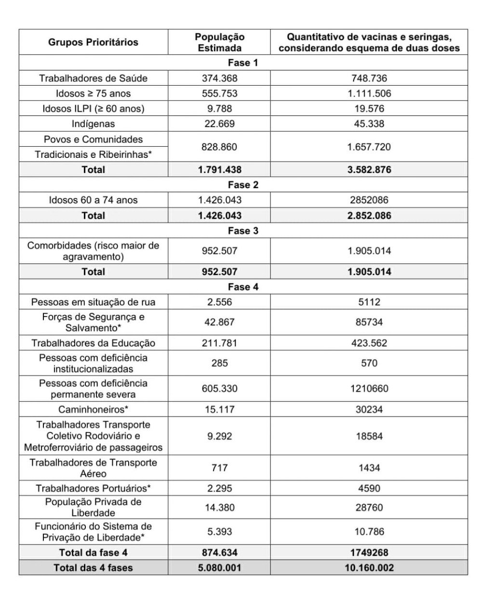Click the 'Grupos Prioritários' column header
pos(93,42)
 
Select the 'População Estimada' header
pos(219,42)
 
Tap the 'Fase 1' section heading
pos(242,63)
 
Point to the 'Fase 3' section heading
pos(242,230)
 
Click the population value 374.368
pos(219,78)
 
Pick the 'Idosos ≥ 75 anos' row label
pos(93,93)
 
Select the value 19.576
pos(369,109)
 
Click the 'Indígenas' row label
pos(93,124)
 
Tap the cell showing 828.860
pos(219,147)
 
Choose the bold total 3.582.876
pos(369,169)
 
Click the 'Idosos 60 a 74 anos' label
pos(93,200)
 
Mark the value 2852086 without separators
pos(369,200)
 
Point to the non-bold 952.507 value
pos(219,251)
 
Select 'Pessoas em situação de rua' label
pos(93,302)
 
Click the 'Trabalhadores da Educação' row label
pos(93,343)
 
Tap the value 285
pos(219,363)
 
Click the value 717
pos(219,468)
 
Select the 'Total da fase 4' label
pos(93,552)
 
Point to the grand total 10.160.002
pos(369,568)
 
